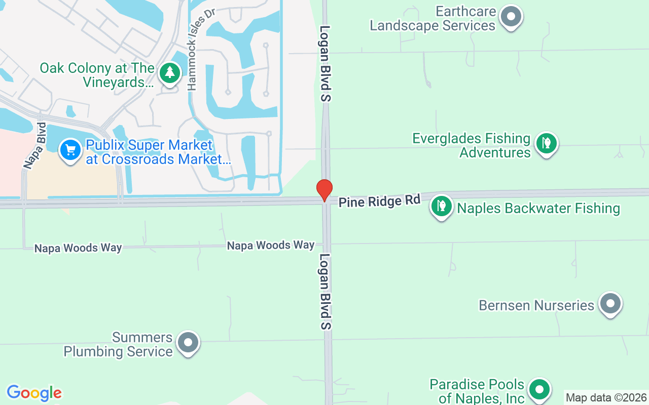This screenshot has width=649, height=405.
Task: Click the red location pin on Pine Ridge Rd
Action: pyautogui.click(x=324, y=190)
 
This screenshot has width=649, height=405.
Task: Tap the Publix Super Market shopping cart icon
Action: pyautogui.click(x=70, y=150)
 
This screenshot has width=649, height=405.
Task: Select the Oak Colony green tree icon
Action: pyautogui.click(x=170, y=74)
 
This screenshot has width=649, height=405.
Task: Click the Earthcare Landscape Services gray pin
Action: pyautogui.click(x=511, y=17)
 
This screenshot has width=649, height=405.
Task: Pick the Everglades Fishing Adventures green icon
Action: pyautogui.click(x=546, y=144)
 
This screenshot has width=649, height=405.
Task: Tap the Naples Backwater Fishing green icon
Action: pyautogui.click(x=442, y=207)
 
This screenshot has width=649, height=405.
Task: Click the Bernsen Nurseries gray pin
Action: pyautogui.click(x=610, y=304)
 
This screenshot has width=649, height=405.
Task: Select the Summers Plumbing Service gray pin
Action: pyautogui.click(x=188, y=343)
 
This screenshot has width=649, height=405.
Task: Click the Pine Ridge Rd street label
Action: pyautogui.click(x=380, y=201)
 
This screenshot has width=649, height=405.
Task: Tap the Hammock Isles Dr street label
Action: pyautogui.click(x=198, y=51)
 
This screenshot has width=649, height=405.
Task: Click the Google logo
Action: pyautogui.click(x=34, y=393)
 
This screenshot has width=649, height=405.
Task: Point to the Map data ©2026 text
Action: pyautogui.click(x=606, y=398)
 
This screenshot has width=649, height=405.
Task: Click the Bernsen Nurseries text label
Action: pyautogui.click(x=536, y=306)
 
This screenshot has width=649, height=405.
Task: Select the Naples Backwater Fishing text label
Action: pyautogui.click(x=538, y=209)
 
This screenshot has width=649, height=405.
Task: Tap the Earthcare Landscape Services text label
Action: pyautogui.click(x=432, y=19)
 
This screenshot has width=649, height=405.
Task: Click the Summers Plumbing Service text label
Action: pyautogui.click(x=118, y=345)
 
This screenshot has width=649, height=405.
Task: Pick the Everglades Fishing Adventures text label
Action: pyautogui.click(x=472, y=145)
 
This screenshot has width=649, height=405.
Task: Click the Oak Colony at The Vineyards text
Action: pyautogui.click(x=97, y=75)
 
